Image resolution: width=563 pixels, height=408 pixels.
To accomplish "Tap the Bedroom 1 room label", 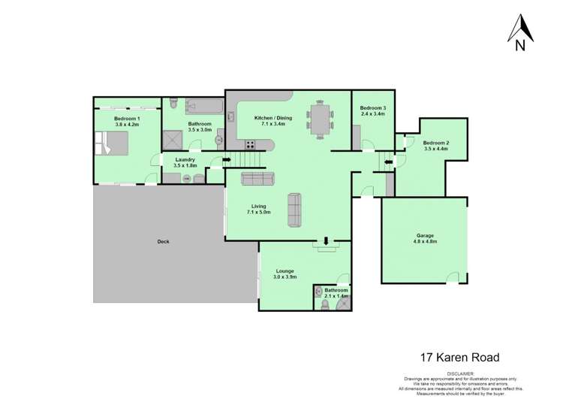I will tap(127, 119).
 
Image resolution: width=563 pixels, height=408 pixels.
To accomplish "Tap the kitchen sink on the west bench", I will tap(219, 139).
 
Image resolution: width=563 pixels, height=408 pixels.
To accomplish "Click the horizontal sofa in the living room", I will tap(257, 179).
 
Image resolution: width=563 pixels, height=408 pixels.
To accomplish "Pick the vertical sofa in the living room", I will tap(295, 210).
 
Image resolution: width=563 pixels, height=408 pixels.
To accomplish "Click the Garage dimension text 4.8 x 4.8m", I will tap(425, 242).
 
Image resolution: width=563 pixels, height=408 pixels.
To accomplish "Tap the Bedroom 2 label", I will tap(435, 143).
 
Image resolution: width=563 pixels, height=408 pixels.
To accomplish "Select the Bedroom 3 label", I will tap(372, 109).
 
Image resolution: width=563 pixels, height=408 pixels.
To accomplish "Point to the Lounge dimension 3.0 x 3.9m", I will tap(285, 277).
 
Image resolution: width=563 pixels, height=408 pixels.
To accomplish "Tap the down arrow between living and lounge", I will tap(326, 241).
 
